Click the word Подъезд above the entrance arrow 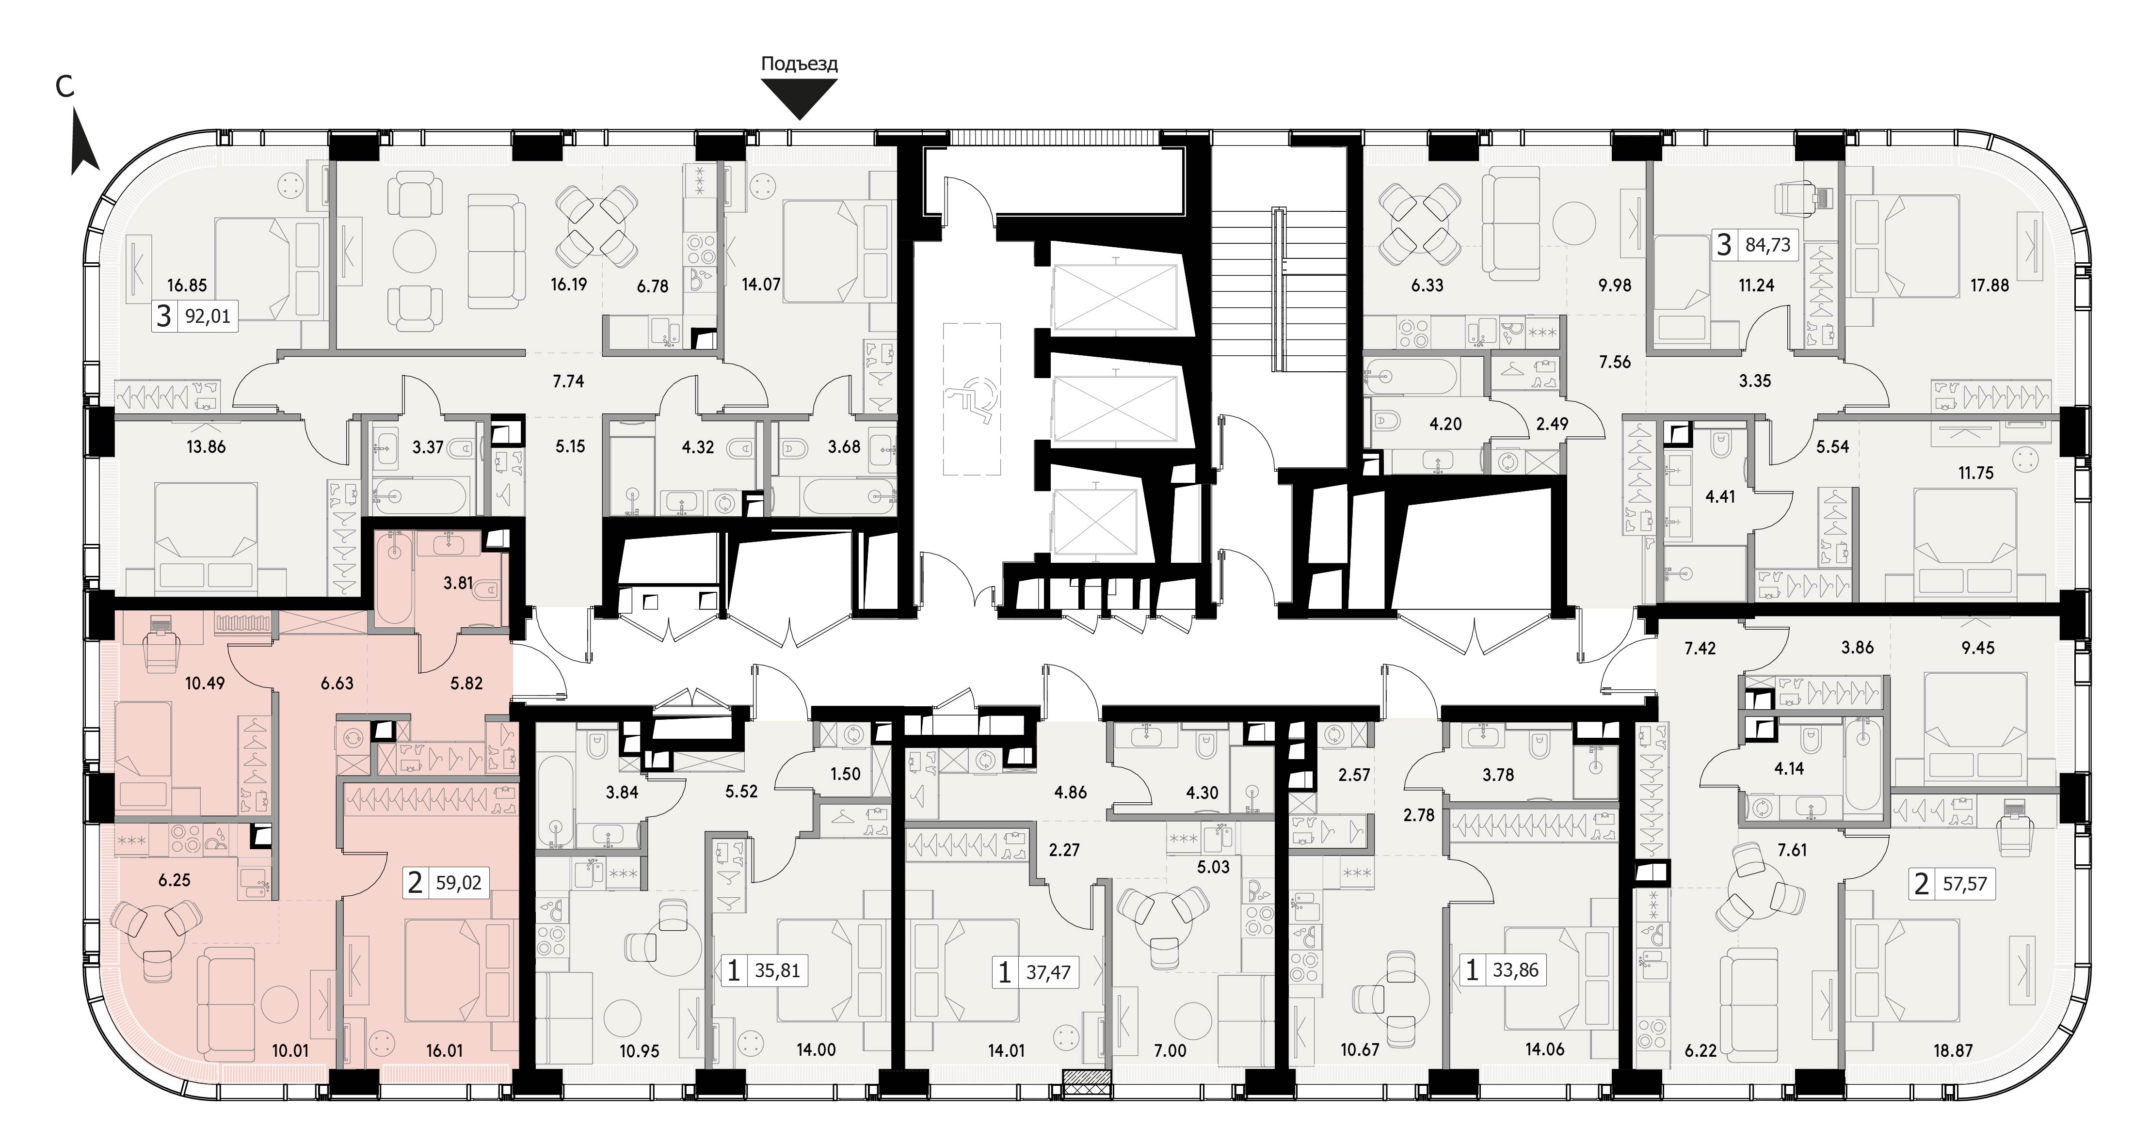tap(800, 64)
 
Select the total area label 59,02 tap(458, 883)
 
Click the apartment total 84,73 tap(1768, 245)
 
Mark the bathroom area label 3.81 tap(458, 583)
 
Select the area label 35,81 tap(777, 970)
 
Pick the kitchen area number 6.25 tap(174, 880)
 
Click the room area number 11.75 tap(1976, 473)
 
